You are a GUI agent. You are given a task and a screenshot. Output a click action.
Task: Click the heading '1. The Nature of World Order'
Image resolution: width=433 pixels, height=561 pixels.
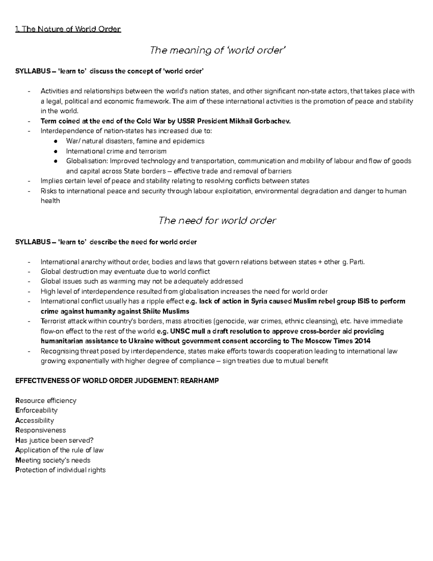tap(68, 29)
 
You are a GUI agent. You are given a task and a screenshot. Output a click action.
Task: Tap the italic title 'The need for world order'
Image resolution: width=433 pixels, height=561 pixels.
tap(217, 220)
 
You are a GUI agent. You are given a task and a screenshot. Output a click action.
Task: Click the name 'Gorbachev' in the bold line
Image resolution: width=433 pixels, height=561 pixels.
tap(275, 121)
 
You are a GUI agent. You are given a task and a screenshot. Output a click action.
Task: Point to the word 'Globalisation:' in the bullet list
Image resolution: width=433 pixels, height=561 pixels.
tap(87, 161)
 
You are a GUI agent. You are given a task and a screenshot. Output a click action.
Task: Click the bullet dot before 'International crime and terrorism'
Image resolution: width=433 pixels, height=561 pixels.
tap(55, 151)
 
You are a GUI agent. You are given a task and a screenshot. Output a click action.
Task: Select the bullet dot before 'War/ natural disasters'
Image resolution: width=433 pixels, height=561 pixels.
tap(55, 141)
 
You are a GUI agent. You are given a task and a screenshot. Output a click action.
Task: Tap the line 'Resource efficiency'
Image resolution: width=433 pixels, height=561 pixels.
tap(46, 401)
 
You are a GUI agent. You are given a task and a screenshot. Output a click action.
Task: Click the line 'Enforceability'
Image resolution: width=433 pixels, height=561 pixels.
tap(36, 410)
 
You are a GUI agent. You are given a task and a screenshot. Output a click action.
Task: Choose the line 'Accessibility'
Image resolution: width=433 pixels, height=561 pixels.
tap(35, 420)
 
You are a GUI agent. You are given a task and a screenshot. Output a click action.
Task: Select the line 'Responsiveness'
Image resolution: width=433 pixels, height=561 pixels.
tap(40, 430)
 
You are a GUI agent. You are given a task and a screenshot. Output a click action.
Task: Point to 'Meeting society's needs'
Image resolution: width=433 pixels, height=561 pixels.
tap(53, 460)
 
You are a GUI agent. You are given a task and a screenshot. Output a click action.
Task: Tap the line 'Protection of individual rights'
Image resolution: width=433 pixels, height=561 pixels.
tap(60, 470)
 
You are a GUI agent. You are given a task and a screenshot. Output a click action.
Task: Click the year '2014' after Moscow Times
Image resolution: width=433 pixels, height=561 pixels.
tap(363, 341)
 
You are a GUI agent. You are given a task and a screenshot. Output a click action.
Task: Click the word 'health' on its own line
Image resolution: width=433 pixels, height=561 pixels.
tap(50, 201)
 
